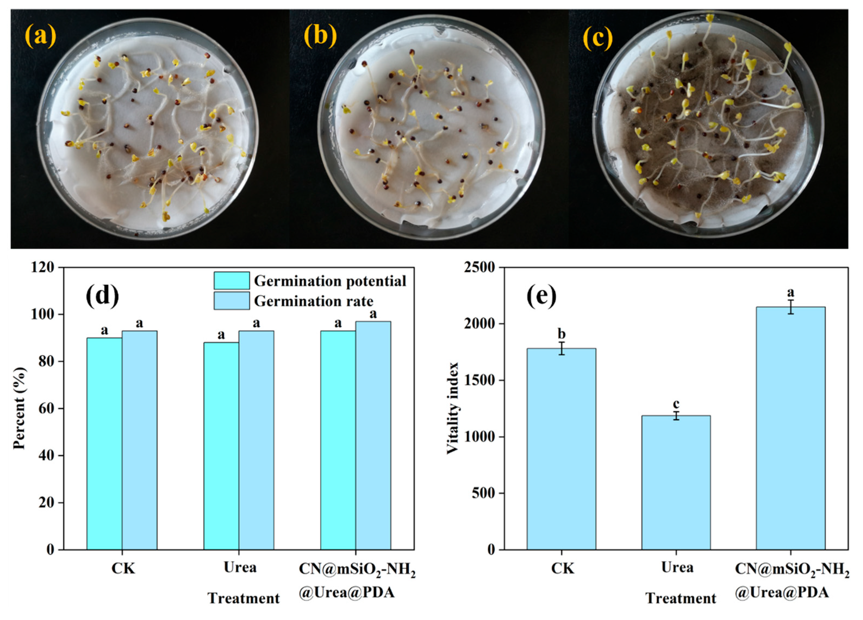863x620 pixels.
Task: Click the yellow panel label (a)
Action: [40, 37]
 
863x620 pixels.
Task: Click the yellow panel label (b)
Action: [320, 37]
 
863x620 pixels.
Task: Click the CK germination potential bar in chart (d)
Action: [104, 443]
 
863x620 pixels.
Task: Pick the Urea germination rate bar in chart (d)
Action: [256, 440]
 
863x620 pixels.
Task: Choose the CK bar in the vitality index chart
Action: [561, 449]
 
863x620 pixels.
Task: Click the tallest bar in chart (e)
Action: [790, 428]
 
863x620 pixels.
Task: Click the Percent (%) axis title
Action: [20, 408]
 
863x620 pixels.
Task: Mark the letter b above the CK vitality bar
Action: [561, 334]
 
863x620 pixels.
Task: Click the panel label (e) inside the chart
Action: [541, 296]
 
